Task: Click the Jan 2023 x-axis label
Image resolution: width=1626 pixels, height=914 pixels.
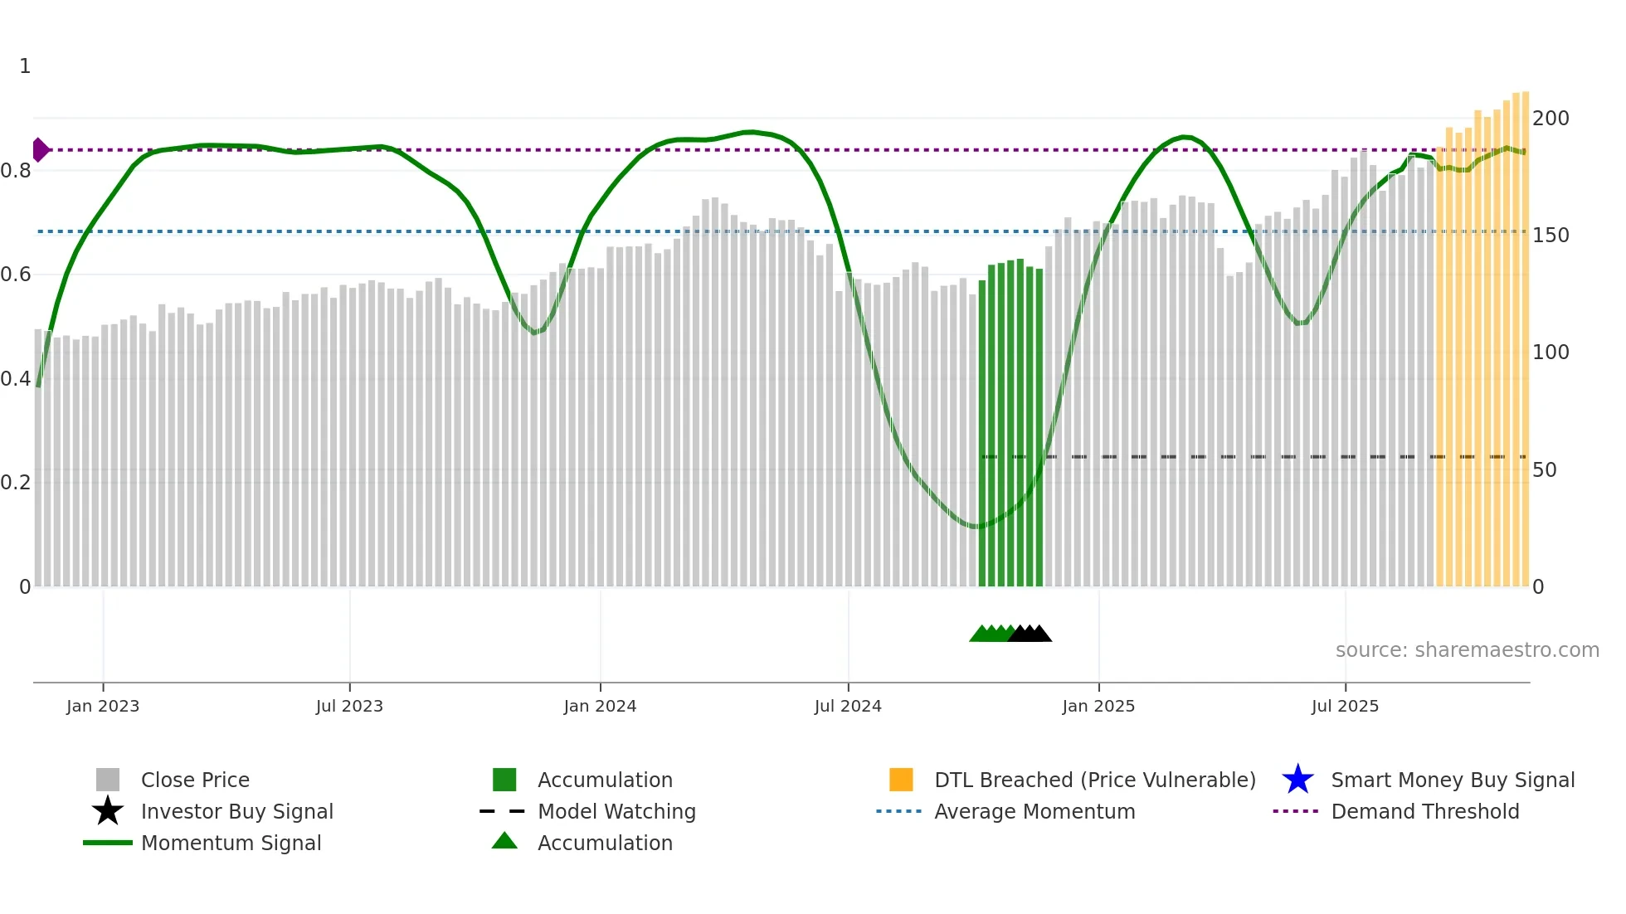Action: pyautogui.click(x=103, y=706)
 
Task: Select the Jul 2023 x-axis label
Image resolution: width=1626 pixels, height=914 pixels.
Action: pyautogui.click(x=349, y=706)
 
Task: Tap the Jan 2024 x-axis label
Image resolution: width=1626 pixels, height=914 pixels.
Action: pyautogui.click(x=600, y=706)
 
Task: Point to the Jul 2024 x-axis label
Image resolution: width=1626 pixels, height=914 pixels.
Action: pyautogui.click(x=848, y=706)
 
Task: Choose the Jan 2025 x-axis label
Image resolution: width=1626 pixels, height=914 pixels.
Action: pyautogui.click(x=1098, y=706)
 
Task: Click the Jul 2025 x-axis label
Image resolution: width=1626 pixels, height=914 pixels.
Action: pyautogui.click(x=1345, y=706)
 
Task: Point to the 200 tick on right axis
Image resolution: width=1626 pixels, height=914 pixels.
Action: pyautogui.click(x=1551, y=119)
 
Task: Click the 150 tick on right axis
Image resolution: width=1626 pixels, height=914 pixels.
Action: pyautogui.click(x=1551, y=236)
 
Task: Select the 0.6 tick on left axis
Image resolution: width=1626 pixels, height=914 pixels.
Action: pyautogui.click(x=16, y=275)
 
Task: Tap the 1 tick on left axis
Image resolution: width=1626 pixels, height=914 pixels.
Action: pyautogui.click(x=25, y=66)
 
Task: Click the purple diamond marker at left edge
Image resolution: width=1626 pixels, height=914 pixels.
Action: pyautogui.click(x=40, y=150)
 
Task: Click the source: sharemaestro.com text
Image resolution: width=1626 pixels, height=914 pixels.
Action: pyautogui.click(x=1467, y=650)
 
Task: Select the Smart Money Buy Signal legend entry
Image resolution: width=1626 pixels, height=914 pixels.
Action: pyautogui.click(x=1453, y=780)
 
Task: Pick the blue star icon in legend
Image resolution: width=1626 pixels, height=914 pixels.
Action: pyautogui.click(x=1297, y=780)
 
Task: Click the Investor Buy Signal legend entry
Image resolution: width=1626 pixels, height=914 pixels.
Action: pyautogui.click(x=236, y=812)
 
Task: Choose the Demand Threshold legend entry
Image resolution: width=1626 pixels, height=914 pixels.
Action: pyautogui.click(x=1424, y=812)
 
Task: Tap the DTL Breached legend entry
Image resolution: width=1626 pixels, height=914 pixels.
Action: pyautogui.click(x=1094, y=780)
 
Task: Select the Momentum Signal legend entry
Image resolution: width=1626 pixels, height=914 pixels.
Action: pyautogui.click(x=231, y=844)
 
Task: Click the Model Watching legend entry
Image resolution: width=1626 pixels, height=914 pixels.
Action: pyautogui.click(x=616, y=812)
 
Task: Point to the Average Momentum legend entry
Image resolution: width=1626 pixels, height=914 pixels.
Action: pyautogui.click(x=1034, y=812)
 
